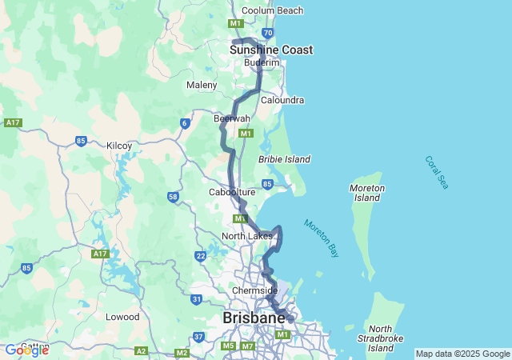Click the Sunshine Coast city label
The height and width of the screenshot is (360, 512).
[x=270, y=50]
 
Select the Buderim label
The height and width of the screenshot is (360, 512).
[x=262, y=62]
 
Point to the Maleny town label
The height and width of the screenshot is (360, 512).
[x=202, y=85]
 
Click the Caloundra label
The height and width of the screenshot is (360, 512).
[x=282, y=100]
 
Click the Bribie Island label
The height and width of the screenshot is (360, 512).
[x=284, y=159]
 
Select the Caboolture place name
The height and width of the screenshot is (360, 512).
[x=232, y=192]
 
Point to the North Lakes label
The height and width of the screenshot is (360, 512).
[x=246, y=236]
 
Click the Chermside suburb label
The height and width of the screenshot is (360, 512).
[x=254, y=290]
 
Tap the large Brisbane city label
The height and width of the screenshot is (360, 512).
[x=254, y=318]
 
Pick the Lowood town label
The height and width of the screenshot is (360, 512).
[x=123, y=317]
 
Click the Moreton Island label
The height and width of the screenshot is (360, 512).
[x=367, y=193]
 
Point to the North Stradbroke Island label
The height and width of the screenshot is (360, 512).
[x=381, y=338]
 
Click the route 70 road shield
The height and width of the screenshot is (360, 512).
[x=268, y=33]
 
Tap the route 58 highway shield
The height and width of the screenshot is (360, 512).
[x=173, y=197]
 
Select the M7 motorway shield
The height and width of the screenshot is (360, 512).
[x=247, y=346]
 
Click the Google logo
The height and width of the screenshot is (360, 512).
[x=26, y=350]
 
